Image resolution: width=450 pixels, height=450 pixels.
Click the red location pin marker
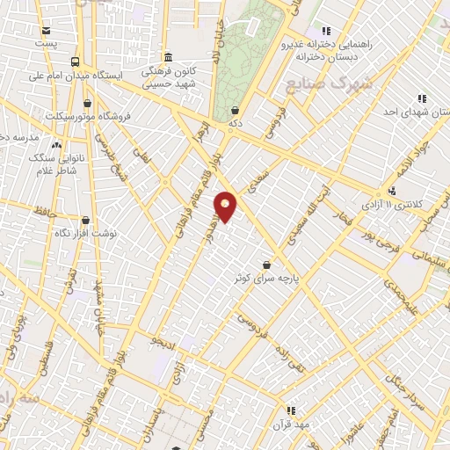click(x=226, y=206)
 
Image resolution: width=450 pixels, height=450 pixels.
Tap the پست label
click(x=47, y=41)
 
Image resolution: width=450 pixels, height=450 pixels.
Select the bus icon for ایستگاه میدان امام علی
click(x=75, y=62)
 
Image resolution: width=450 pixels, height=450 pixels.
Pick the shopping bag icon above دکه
click(x=236, y=111)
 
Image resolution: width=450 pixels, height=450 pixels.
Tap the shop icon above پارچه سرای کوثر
click(x=265, y=265)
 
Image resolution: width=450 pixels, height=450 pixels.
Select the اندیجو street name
click(x=164, y=337)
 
